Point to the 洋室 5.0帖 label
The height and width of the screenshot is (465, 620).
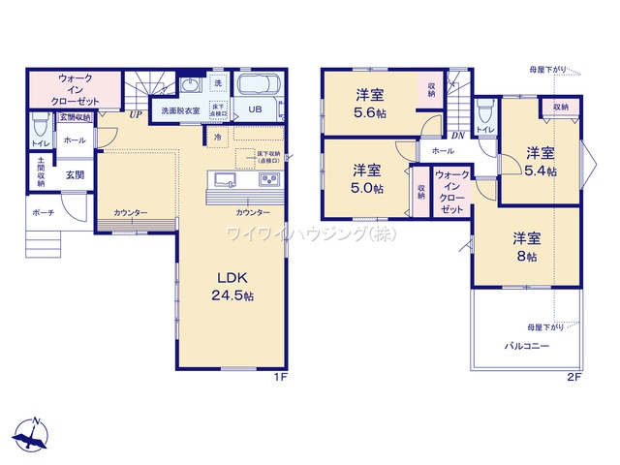366,178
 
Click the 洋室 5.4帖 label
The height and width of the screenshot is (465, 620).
540,162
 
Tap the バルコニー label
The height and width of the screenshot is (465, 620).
526,345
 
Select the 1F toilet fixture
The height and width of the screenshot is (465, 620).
40,127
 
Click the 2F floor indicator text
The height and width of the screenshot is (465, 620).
573,376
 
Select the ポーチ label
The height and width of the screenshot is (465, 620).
43,212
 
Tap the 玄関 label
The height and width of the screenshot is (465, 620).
75,175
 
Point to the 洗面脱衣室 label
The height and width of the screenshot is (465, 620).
181,110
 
